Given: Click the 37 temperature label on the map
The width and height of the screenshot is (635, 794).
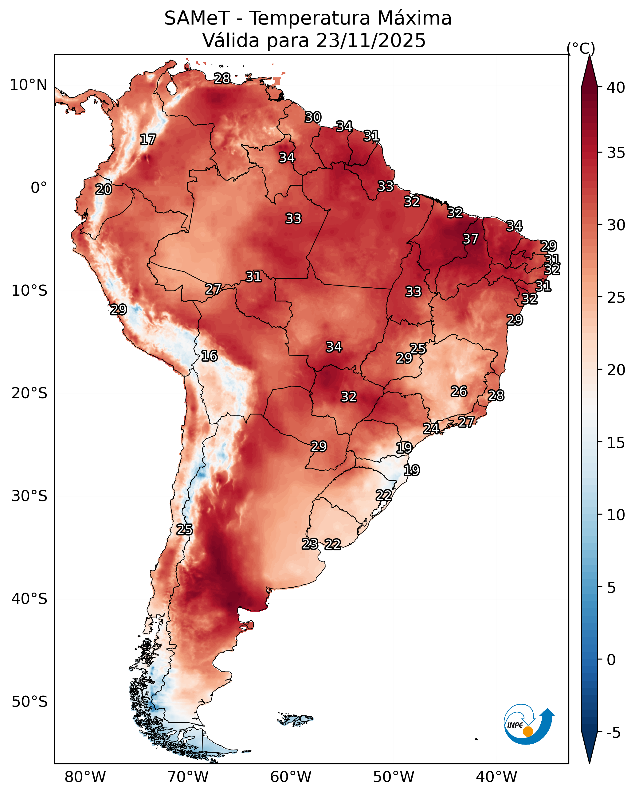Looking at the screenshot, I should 470,239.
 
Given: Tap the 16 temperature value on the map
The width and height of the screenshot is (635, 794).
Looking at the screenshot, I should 209,356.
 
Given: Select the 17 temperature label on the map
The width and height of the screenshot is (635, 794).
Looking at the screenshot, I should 148,140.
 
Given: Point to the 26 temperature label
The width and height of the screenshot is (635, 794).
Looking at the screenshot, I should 459,391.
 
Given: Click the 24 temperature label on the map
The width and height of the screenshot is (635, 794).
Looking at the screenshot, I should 431,428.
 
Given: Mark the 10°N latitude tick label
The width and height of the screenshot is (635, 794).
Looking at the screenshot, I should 28,85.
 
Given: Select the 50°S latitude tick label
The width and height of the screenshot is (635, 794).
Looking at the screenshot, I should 29,702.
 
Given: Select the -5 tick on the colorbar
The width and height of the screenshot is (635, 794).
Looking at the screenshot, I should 613,733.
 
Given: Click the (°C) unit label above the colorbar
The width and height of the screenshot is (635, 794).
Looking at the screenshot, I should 581,49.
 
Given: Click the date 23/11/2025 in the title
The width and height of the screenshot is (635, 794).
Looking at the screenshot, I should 371,41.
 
